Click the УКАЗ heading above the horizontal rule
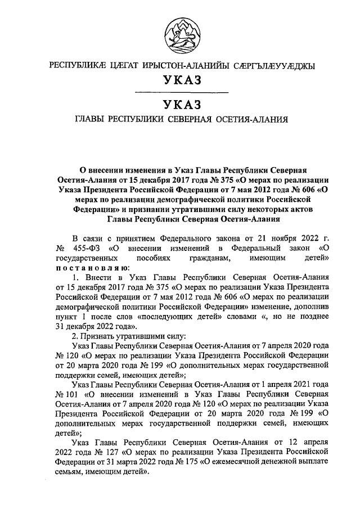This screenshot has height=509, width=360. pos(180,80)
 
